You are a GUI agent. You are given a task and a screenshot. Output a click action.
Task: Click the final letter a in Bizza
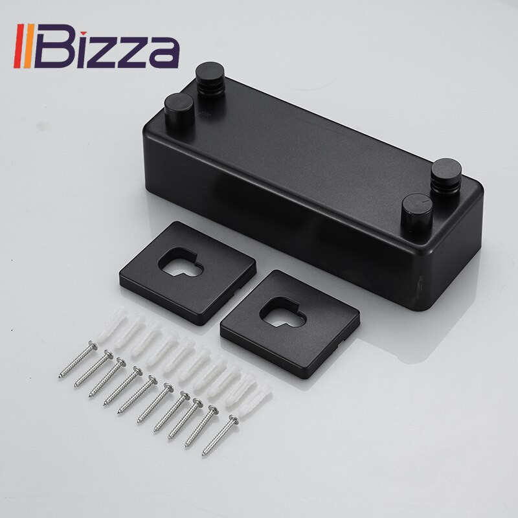[164, 53]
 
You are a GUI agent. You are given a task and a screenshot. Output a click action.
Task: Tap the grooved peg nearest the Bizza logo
[210, 80]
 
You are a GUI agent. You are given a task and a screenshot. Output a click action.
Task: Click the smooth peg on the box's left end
[179, 111]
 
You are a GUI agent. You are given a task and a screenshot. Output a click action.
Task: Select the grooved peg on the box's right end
[446, 177]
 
